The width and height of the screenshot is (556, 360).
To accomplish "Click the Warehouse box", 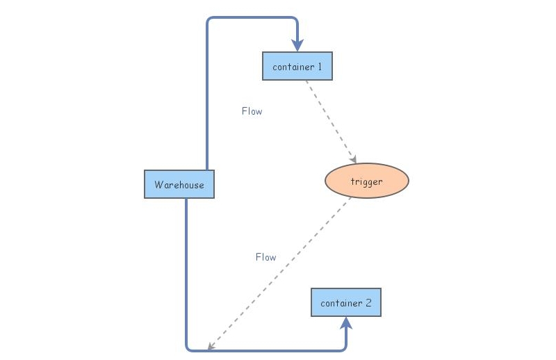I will tap(179, 184).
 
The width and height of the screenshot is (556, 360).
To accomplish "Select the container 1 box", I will tap(297, 67).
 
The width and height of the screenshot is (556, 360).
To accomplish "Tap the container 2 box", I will tap(346, 303).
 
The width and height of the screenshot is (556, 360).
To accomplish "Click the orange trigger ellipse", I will tap(367, 181).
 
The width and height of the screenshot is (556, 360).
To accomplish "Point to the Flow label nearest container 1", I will tap(252, 111).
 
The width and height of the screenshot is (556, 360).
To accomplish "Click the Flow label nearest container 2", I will tap(265, 257).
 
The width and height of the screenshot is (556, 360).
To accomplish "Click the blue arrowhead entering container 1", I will tap(297, 46).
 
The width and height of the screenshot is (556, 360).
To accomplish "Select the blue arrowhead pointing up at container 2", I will tap(346, 322).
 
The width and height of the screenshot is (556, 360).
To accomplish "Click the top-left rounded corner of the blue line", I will tap(209, 20).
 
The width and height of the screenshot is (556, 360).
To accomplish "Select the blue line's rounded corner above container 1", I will tap(295, 20).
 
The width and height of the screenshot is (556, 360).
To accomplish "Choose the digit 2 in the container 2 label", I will tap(368, 303).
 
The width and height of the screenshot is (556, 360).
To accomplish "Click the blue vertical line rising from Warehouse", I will tap(207, 97).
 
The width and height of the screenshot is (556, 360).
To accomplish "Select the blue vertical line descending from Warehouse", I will tap(186, 271).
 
